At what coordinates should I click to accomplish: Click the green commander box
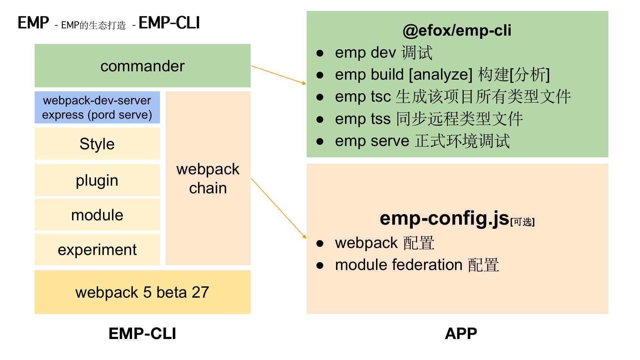point(142,66)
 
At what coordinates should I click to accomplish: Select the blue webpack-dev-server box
point(97,107)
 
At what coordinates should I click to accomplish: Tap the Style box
point(97,144)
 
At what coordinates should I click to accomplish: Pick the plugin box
point(97,180)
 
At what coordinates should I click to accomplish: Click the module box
point(97,215)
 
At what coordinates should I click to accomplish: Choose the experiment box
point(97,250)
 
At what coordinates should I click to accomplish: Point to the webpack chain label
point(208,179)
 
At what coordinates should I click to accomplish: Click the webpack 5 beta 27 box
point(142,292)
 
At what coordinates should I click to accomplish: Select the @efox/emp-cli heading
point(457,30)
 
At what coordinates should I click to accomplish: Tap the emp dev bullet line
point(383,53)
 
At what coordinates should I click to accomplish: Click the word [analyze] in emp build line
point(440,74)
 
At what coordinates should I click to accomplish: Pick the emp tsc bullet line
point(452,97)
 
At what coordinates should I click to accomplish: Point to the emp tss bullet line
point(428,119)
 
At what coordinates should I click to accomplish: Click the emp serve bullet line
point(422,141)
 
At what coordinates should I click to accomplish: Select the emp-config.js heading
point(444,218)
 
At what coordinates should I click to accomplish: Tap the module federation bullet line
point(417,265)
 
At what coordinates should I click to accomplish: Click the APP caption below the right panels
point(461,333)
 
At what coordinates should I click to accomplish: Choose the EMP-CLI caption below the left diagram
point(142,333)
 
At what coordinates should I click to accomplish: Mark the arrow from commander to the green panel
point(278,75)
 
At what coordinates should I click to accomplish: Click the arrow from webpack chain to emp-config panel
point(278,208)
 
